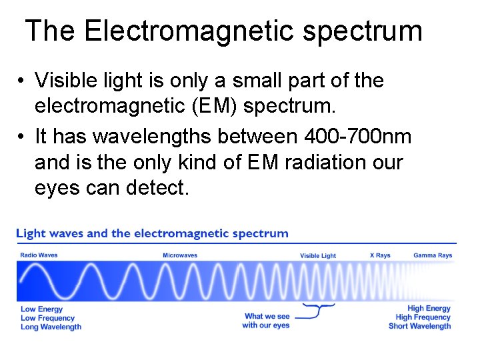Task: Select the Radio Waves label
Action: tap(39, 255)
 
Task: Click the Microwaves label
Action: tap(180, 255)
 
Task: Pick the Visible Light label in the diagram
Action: tap(318, 256)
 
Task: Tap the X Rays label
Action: tap(380, 255)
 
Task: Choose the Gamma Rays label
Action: tap(433, 255)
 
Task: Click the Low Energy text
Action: tap(42, 309)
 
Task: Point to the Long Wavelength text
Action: tap(51, 327)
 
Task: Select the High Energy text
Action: tap(429, 309)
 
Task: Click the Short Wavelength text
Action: tap(420, 326)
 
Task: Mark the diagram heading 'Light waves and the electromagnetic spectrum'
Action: tap(152, 233)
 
